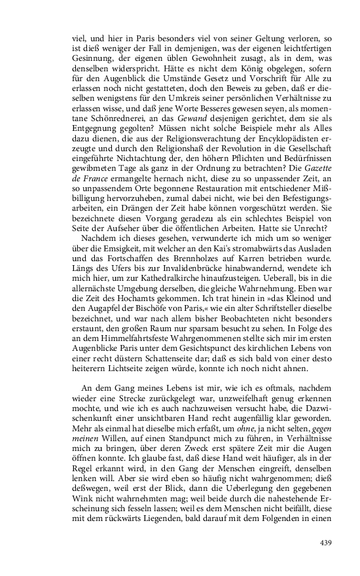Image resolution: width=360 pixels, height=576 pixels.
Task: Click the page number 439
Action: coord(327,543)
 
